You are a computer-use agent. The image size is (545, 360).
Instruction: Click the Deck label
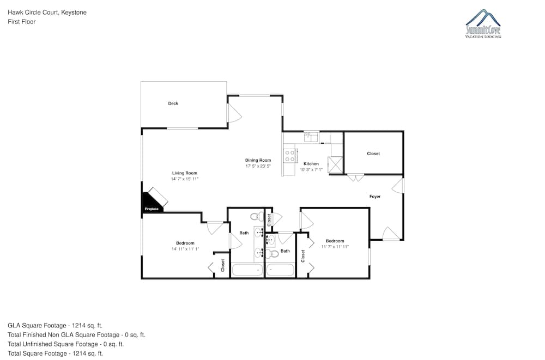pyautogui.click(x=173, y=103)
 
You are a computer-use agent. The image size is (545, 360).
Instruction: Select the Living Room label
pyautogui.click(x=185, y=173)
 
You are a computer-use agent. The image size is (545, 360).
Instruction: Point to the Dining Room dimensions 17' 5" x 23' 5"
pyautogui.click(x=258, y=166)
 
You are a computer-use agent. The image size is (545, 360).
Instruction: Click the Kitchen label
pyautogui.click(x=311, y=164)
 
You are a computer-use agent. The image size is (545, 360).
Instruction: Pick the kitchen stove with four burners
pyautogui.click(x=290, y=156)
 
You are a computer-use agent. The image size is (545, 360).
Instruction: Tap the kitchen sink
pyautogui.click(x=311, y=137)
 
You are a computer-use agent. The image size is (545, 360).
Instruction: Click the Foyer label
pyautogui.click(x=375, y=197)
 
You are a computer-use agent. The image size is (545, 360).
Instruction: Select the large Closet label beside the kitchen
pyautogui.click(x=373, y=154)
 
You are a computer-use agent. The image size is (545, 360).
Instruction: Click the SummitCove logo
pyautogui.click(x=483, y=23)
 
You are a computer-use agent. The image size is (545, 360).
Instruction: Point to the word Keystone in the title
pyautogui.click(x=74, y=13)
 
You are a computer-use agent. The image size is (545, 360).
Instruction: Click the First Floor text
pyautogui.click(x=22, y=22)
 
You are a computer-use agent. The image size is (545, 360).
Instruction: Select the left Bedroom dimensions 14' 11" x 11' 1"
pyautogui.click(x=185, y=249)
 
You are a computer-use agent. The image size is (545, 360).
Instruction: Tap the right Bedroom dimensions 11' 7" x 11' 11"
pyautogui.click(x=335, y=247)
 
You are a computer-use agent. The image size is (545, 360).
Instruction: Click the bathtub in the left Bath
pyautogui.click(x=247, y=270)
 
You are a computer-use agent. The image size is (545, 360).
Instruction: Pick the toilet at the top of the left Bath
pyautogui.click(x=257, y=216)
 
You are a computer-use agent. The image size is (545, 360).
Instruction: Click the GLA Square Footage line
pyautogui.click(x=55, y=326)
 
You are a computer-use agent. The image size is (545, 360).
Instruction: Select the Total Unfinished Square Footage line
pyautogui.click(x=66, y=344)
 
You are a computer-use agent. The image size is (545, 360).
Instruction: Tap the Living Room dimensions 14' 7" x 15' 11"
pyautogui.click(x=185, y=179)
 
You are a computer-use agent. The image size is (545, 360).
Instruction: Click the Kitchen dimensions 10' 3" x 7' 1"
pyautogui.click(x=311, y=170)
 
